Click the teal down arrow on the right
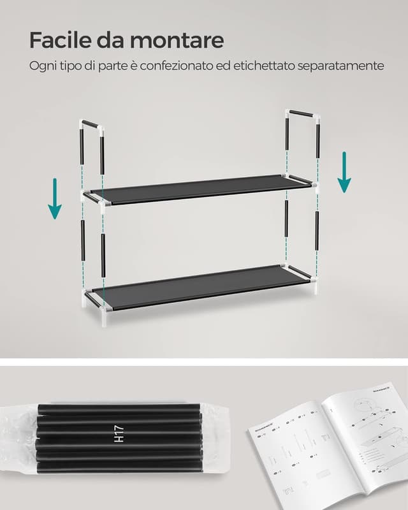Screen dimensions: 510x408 click(344, 171)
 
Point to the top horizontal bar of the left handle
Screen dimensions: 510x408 click(90, 125)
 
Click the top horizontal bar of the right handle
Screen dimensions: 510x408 click(305, 115)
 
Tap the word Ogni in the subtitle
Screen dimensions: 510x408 click(42, 66)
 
